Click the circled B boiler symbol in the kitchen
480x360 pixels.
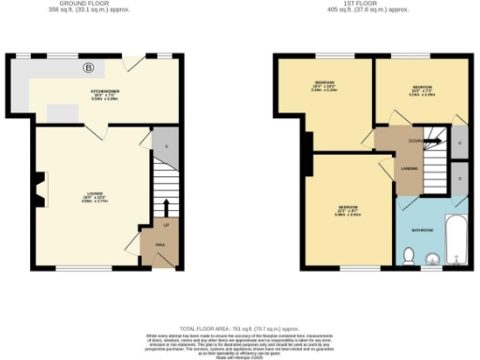click(x=90, y=67)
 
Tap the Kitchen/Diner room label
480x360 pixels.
click(x=103, y=92)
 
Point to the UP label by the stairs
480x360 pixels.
click(x=167, y=227)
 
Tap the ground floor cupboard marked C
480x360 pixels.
click(x=166, y=145)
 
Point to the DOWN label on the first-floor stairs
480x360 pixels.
click(x=414, y=141)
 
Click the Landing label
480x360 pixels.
click(x=410, y=169)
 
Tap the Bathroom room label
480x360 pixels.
click(x=423, y=228)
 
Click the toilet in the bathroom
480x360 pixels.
click(x=409, y=255)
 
